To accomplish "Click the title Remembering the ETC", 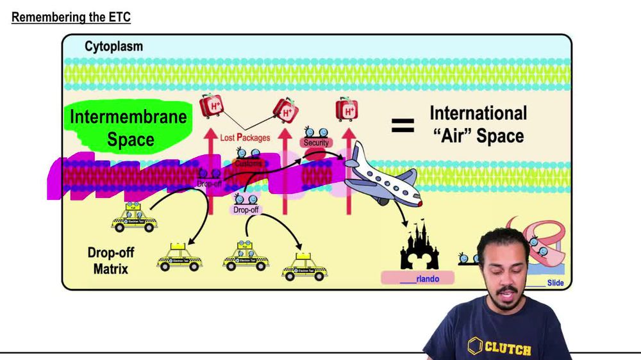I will (71, 17).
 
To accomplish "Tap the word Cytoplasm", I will (113, 47).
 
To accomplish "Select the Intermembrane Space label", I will (128, 128).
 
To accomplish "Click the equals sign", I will (403, 125).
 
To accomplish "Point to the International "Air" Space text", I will (478, 124).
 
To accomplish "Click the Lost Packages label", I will (245, 137).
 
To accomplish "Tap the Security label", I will (316, 142).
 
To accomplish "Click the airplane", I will (378, 176).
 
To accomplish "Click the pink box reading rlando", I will (418, 279).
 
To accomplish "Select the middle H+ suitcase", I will (285, 110).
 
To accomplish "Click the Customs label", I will (248, 165).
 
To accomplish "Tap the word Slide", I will (555, 282).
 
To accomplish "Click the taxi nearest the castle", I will (304, 266).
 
